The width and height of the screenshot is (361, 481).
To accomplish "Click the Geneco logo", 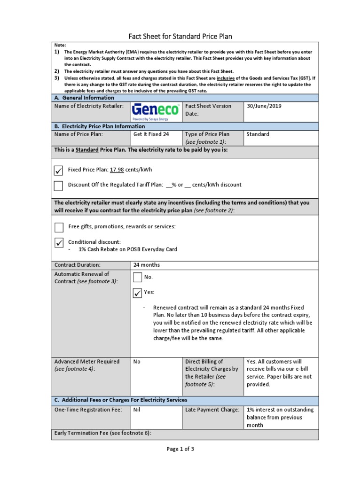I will point(156,112).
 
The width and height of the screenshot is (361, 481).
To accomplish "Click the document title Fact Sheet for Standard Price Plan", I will point(180,36).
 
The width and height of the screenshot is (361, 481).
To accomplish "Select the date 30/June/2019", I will point(264,106).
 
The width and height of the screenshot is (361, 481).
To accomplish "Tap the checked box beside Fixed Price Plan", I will point(59,170).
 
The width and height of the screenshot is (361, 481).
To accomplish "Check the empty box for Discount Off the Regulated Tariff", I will point(59,186).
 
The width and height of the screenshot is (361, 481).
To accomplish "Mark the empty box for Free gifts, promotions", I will point(59,227).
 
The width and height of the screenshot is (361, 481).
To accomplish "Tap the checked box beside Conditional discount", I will point(59,243).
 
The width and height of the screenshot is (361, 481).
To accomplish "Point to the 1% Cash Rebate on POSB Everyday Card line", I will point(128,249).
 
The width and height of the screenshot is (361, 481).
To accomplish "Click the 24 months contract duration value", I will point(147,265).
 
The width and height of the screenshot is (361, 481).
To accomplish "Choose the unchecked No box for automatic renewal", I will point(138,278).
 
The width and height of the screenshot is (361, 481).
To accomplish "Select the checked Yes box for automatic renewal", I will point(138,293).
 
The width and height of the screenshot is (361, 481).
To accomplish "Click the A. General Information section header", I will point(84,98).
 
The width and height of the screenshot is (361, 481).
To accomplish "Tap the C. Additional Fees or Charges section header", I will point(121,400).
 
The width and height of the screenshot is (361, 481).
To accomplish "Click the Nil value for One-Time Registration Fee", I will point(137,410).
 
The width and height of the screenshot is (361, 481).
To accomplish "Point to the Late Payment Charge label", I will point(212,410).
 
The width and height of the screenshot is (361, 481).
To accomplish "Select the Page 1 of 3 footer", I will point(180,449).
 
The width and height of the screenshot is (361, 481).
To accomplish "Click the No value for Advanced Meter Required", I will point(137,362).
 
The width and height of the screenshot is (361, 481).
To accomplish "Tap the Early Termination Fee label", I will point(103,433).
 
